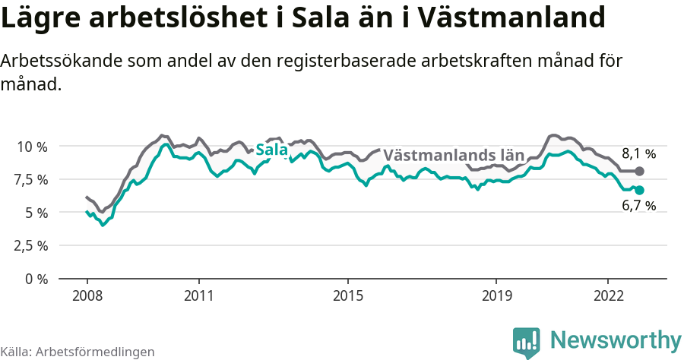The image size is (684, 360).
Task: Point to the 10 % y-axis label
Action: pyautogui.click(x=31, y=146)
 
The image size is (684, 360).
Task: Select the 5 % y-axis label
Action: pyautogui.click(x=36, y=213)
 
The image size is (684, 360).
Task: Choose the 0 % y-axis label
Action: pyautogui.click(x=36, y=279)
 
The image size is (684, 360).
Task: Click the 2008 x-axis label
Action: pyautogui.click(x=87, y=295)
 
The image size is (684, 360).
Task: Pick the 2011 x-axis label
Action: pyautogui.click(x=198, y=295)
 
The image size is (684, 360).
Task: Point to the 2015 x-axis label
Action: pyautogui.click(x=347, y=295)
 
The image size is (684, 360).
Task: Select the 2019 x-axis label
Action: pyautogui.click(x=496, y=295)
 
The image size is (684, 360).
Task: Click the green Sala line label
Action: pyautogui.click(x=271, y=150)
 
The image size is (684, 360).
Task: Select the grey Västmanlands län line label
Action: pyautogui.click(x=454, y=155)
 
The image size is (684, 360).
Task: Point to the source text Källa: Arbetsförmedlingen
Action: pyautogui.click(x=78, y=352)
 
